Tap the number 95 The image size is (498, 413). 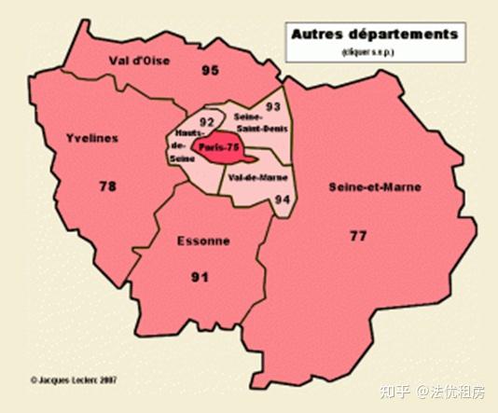click(209, 70)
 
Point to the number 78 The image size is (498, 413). click(108, 186)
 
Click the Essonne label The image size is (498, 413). click(202, 241)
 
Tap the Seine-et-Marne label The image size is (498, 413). click(375, 186)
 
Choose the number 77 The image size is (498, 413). click(358, 235)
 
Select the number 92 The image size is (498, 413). click(207, 121)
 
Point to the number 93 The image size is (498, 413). click(273, 106)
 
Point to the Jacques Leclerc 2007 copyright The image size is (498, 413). click(79, 379)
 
